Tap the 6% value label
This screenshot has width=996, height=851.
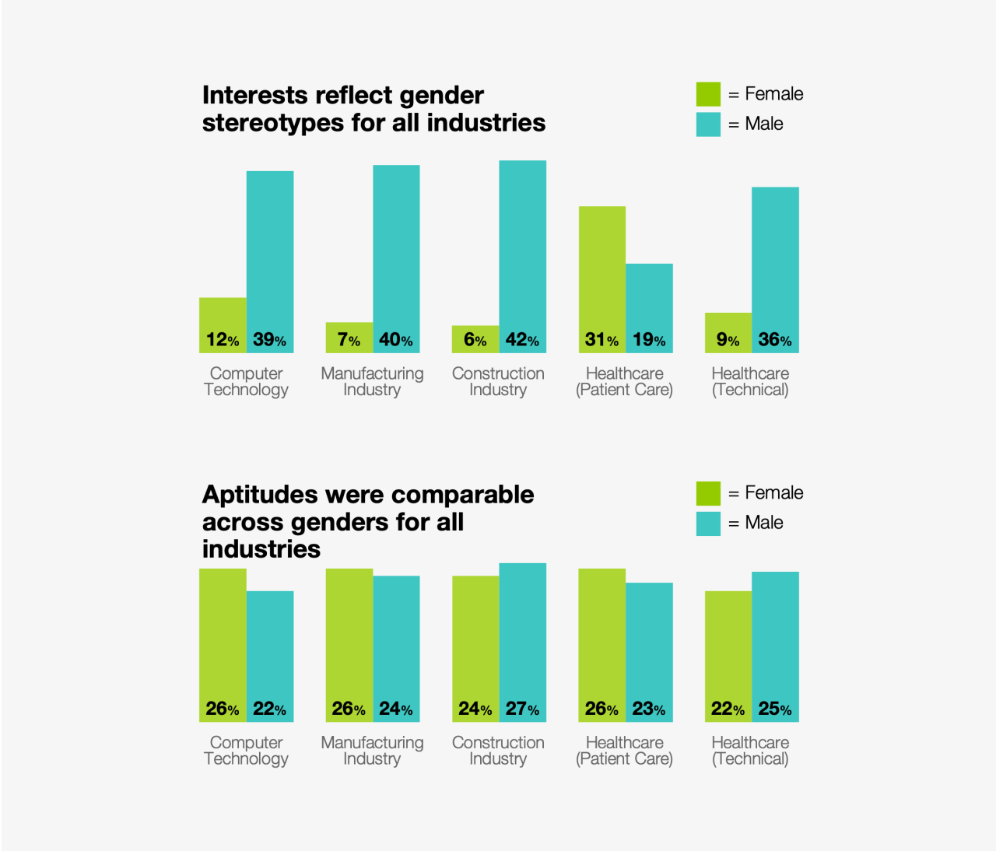click(x=475, y=340)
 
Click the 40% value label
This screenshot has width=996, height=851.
click(x=395, y=340)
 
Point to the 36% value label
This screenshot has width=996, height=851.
click(x=774, y=340)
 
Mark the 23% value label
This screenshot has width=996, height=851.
click(x=648, y=709)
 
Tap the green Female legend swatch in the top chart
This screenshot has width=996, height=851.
click(x=708, y=94)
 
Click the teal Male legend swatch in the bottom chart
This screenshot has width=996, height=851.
click(x=708, y=524)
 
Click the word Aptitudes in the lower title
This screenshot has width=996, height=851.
click(x=260, y=495)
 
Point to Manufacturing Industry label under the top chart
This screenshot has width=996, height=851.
click(x=372, y=382)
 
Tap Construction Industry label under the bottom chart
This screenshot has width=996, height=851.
click(x=498, y=751)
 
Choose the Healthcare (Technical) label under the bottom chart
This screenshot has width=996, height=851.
click(x=750, y=751)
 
